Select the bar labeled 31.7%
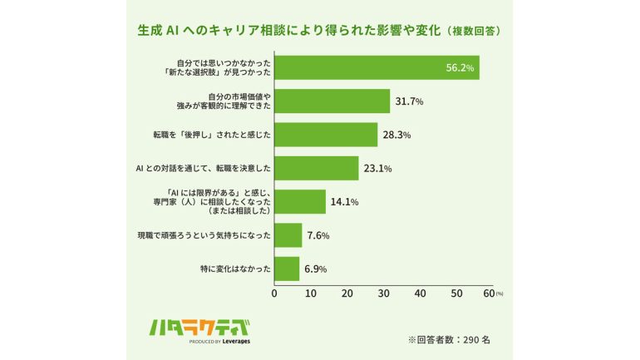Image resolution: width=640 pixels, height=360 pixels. point(332,101)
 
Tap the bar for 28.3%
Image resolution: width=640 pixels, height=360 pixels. point(326,135)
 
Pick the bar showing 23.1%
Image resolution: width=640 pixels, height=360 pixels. point(317,168)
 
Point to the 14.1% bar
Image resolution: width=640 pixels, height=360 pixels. point(300,202)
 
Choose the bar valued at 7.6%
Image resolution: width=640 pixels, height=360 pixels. point(288,235)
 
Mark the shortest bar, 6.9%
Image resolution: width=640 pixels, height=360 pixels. point(287,269)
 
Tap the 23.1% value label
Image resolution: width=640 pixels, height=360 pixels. point(377,169)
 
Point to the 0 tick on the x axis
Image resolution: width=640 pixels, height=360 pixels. point(275,293)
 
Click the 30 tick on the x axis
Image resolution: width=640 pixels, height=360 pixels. point(384,293)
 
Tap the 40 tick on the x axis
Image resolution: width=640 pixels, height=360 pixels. point(421,293)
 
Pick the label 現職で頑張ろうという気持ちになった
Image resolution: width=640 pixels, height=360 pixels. point(204,235)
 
